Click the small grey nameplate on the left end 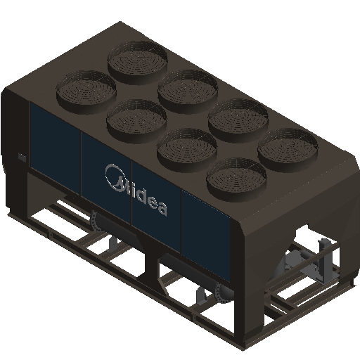[22, 157]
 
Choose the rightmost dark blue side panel [205, 236]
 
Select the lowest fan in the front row [236, 179]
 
